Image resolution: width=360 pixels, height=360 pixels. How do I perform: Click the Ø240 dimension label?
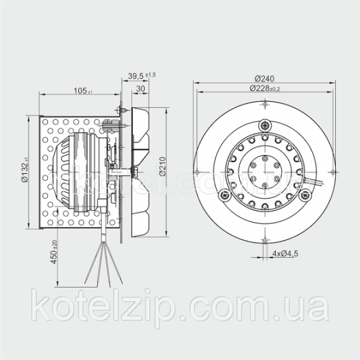264,79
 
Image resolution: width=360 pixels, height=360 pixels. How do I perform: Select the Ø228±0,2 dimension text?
265,88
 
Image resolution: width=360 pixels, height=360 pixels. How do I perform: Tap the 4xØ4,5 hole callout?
285,254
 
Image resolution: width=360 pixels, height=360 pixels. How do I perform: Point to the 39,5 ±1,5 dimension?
141,76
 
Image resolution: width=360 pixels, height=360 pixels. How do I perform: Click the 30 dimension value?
140,88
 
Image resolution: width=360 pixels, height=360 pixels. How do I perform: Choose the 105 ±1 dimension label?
83,91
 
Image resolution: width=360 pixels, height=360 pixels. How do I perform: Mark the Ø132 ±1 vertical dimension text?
25,170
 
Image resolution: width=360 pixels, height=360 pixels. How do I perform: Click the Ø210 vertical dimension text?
163,166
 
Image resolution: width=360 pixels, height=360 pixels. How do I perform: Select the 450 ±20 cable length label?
54,252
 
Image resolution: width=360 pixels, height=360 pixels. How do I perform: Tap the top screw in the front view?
265,125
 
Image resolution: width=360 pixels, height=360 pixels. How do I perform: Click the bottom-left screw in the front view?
224,195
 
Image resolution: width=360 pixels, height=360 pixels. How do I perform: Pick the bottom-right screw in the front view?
305,195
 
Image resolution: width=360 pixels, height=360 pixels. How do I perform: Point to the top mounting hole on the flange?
265,104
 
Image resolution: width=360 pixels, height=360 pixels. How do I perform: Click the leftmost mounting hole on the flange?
197,172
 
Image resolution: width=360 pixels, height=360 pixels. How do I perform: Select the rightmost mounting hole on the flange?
333,172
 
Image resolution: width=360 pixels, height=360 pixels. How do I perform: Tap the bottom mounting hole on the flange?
265,240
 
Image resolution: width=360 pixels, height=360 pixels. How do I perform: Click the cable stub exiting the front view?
313,181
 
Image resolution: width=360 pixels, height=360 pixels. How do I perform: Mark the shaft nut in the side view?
134,171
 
